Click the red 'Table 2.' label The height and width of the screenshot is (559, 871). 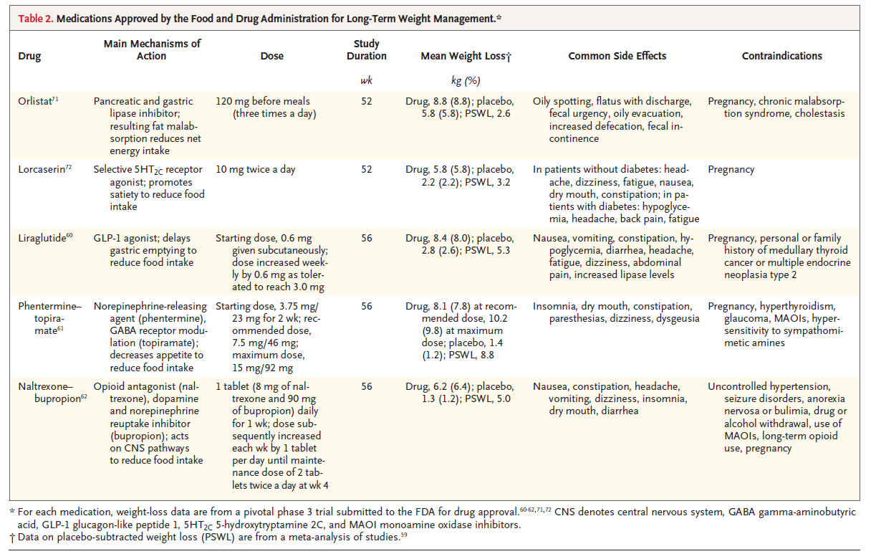tap(35, 19)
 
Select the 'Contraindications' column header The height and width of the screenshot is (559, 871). tap(781, 56)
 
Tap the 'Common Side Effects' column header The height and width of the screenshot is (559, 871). tap(617, 56)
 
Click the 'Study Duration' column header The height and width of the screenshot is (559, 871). tap(366, 49)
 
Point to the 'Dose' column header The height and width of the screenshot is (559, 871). tap(271, 56)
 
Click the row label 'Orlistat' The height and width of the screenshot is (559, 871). tap(35, 101)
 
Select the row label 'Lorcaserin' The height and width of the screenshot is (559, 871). tap(42, 170)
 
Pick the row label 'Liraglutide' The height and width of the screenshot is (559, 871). tap(42, 238)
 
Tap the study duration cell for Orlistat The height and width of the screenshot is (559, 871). tap(366, 102)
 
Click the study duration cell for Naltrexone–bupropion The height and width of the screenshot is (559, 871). tap(366, 387)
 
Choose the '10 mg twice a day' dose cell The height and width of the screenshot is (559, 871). tap(256, 170)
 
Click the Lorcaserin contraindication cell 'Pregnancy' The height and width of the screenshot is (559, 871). tap(731, 170)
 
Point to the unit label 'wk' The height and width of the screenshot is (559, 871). tap(366, 80)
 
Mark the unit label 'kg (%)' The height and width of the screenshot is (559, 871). tap(466, 80)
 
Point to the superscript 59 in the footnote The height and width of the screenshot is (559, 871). tap(403, 535)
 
